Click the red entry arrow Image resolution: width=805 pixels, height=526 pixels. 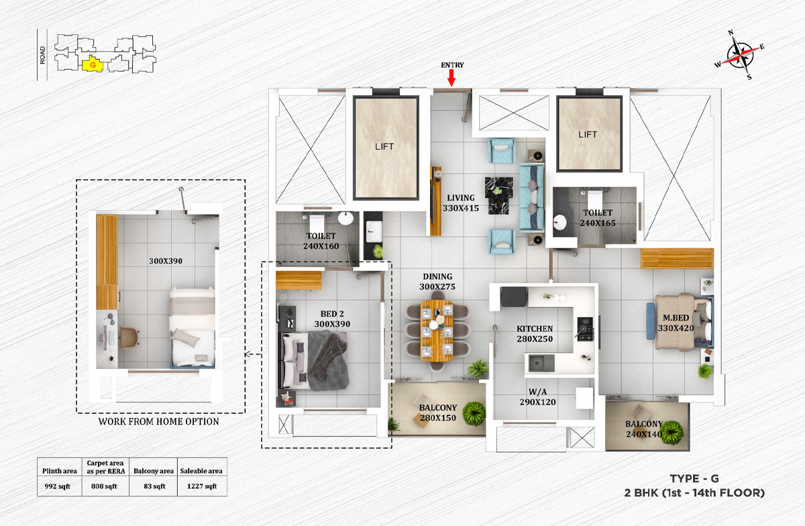(451, 78)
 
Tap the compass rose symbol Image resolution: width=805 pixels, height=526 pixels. (739, 55)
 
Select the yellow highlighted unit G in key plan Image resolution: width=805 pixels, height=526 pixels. (92, 65)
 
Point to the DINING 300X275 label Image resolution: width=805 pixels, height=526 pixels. (437, 281)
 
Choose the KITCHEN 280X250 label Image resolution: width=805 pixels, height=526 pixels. (535, 333)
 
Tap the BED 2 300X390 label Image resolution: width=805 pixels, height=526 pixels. (332, 319)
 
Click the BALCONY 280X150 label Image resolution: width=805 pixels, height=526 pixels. (438, 413)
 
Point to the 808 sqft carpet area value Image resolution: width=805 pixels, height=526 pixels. (104, 486)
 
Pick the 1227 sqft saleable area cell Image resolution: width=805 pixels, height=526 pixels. (202, 486)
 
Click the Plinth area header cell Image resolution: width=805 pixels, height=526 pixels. (59, 471)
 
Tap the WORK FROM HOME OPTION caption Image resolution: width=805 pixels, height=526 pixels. (159, 421)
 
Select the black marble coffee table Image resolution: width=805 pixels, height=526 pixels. (498, 189)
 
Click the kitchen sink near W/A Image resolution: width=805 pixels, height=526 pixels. (540, 363)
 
